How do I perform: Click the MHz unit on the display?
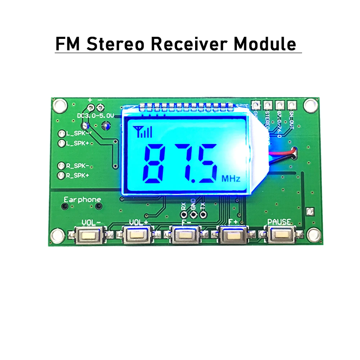tap(230, 178)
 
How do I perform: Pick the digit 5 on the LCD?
tap(205, 163)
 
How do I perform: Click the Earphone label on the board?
tap(82, 199)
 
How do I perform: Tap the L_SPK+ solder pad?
tap(62, 144)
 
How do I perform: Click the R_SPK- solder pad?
tap(62, 166)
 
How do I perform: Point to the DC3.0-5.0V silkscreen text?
tap(95, 116)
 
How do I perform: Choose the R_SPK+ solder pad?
tap(62, 176)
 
